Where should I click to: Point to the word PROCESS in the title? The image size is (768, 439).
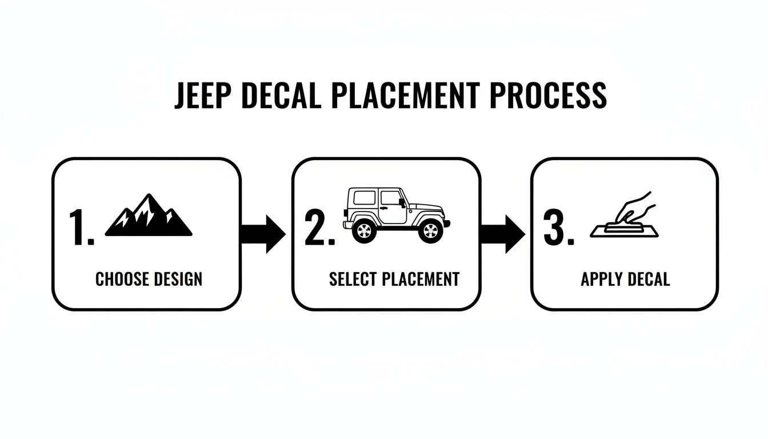tap(549, 95)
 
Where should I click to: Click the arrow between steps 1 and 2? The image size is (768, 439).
tap(262, 234)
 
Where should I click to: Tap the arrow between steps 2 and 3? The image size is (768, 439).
tap(502, 234)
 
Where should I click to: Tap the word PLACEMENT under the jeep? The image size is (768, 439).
tap(421, 279)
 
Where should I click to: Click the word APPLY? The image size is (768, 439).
tap(601, 279)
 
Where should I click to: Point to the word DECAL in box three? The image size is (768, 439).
tap(648, 279)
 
